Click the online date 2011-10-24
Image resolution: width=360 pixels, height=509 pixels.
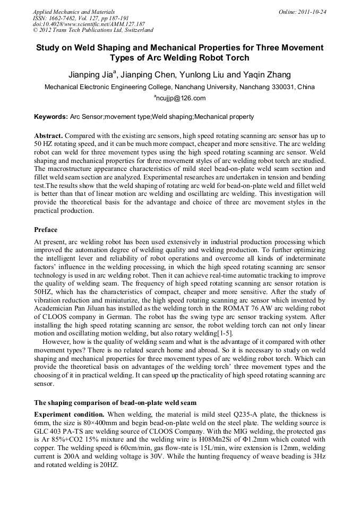[x=312, y=11]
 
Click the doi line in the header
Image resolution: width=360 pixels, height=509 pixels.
[x=89, y=24]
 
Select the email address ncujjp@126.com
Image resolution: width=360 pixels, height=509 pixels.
[x=181, y=98]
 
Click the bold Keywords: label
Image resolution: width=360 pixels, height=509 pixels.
[x=51, y=117]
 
